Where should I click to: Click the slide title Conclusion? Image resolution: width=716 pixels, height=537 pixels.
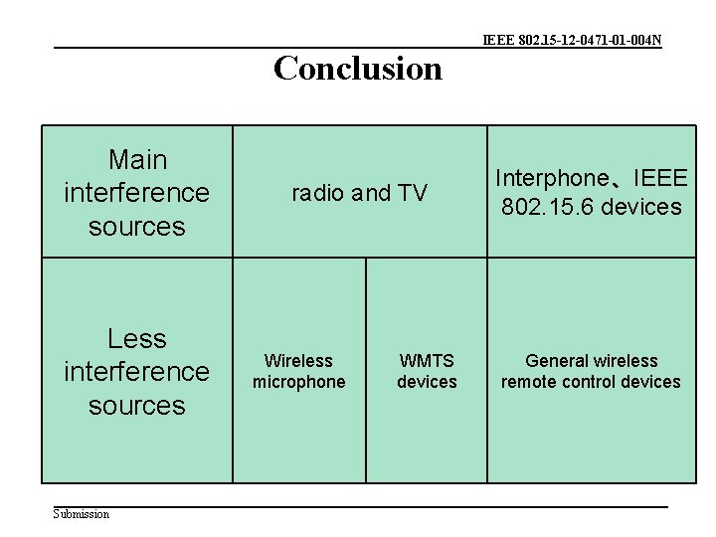tap(357, 69)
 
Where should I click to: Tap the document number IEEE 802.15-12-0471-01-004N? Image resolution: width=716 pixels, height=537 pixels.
tap(572, 41)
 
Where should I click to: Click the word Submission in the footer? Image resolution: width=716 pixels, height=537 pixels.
tap(82, 513)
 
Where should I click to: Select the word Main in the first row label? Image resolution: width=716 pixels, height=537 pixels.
tap(137, 159)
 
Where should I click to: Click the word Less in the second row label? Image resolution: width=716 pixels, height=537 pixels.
tap(137, 338)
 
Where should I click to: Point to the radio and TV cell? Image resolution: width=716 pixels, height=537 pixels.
tap(359, 193)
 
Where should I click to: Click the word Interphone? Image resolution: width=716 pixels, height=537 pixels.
tap(551, 179)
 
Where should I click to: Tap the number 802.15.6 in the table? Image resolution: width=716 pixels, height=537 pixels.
tap(545, 207)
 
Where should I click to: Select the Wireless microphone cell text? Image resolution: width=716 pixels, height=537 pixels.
tap(298, 371)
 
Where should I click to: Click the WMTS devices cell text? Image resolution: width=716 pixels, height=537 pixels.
tap(427, 371)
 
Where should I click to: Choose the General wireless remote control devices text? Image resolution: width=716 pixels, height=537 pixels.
tap(591, 371)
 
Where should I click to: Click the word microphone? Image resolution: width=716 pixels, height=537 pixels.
tap(298, 382)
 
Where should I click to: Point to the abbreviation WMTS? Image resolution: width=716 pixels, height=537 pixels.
tap(427, 360)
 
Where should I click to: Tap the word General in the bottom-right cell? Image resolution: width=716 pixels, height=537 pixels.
tap(556, 360)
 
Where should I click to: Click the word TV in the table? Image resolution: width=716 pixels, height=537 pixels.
tap(412, 193)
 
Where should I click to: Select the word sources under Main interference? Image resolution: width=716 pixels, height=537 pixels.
tap(137, 227)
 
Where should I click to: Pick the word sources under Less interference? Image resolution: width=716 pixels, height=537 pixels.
tap(137, 406)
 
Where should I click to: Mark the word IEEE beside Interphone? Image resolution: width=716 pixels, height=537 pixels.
tap(659, 179)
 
